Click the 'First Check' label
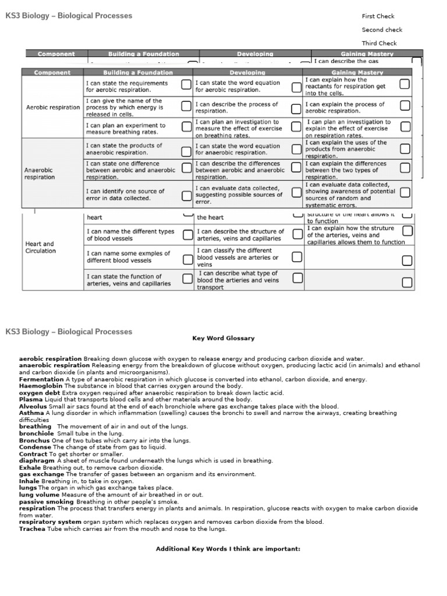click(378, 16)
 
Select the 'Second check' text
click(382, 30)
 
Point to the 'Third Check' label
click(379, 43)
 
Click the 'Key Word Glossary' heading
click(223, 338)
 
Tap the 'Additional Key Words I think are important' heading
click(228, 549)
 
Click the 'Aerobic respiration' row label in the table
click(53, 108)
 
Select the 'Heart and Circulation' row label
click(41, 247)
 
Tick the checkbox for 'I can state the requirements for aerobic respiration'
click(186, 85)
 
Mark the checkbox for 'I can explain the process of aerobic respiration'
click(405, 106)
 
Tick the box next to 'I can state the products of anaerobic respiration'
click(186, 151)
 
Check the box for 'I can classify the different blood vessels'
click(297, 257)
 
